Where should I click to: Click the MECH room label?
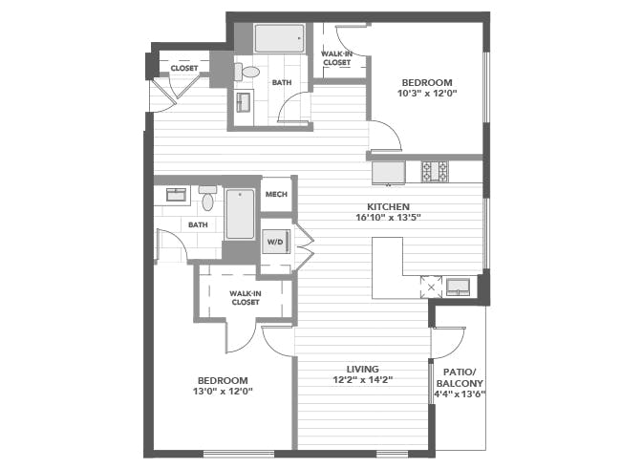tap(276, 195)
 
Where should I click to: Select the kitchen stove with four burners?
tap(435, 171)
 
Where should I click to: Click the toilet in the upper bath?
tap(246, 72)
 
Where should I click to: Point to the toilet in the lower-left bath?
tap(207, 198)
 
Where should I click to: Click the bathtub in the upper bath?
tap(280, 38)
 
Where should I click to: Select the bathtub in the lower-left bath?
tap(240, 214)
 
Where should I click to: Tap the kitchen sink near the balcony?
tap(458, 287)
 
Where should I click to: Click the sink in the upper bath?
tap(244, 102)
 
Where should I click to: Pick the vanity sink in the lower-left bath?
tap(176, 195)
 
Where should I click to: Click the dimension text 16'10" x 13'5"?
tap(388, 218)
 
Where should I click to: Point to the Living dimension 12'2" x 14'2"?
tap(363, 380)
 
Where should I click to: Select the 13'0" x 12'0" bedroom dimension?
tap(223, 392)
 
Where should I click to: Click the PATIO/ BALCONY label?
tap(460, 377)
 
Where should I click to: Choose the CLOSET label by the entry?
tap(184, 68)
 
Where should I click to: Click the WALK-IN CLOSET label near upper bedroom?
tap(336, 58)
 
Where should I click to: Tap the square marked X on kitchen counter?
tap(431, 287)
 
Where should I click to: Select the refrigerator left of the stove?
tap(389, 173)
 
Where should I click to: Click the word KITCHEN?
tap(388, 206)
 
